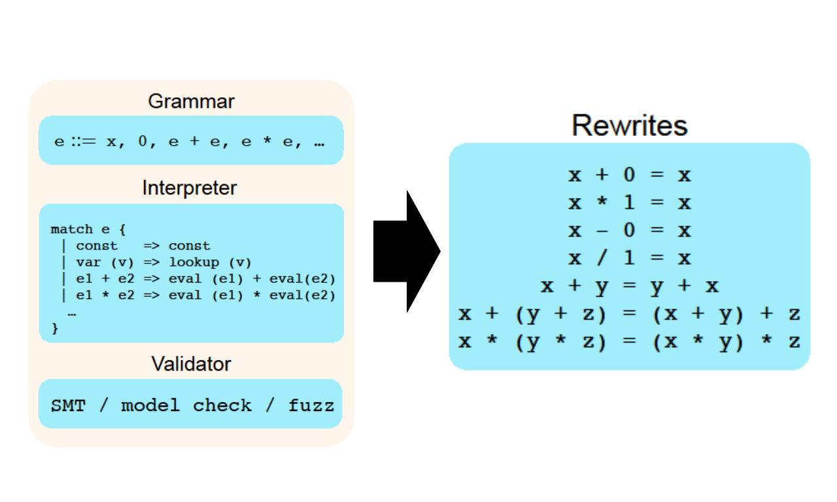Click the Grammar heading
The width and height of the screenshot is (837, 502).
click(x=192, y=101)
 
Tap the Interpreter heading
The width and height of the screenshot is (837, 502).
click(x=190, y=188)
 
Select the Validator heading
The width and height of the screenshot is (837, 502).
click(x=192, y=364)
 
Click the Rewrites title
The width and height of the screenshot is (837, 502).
click(x=630, y=125)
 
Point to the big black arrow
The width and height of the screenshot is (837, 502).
click(x=407, y=252)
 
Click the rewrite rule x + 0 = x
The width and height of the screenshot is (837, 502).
click(x=630, y=175)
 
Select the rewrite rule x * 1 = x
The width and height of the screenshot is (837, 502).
click(x=630, y=203)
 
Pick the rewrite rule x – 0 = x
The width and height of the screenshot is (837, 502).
click(x=630, y=231)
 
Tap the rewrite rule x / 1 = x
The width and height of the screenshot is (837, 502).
click(x=630, y=258)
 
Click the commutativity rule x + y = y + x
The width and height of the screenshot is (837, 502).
click(x=630, y=286)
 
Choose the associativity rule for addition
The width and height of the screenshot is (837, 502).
click(x=629, y=314)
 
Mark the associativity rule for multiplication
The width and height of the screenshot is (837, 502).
click(x=629, y=342)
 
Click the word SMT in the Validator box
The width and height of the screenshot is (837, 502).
click(x=69, y=406)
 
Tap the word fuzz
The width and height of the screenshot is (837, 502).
click(x=311, y=406)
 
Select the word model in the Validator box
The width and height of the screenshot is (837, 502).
click(x=150, y=406)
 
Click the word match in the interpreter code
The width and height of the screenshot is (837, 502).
click(x=72, y=229)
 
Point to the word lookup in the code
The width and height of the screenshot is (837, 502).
click(x=194, y=262)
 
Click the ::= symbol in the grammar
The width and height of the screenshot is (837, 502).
click(x=84, y=142)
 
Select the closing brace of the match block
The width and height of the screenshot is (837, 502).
click(x=55, y=328)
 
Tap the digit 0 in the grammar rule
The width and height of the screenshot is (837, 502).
click(x=143, y=141)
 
